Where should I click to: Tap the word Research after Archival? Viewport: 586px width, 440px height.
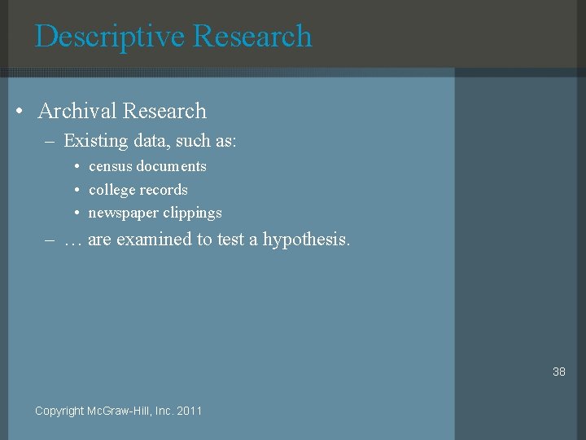(x=164, y=111)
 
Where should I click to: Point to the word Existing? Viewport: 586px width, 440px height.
(x=95, y=141)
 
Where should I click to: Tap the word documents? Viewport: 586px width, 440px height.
(x=172, y=166)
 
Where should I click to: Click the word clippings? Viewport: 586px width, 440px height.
(x=192, y=213)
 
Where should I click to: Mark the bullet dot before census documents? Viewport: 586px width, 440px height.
(x=77, y=167)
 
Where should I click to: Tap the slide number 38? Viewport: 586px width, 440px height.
(x=558, y=372)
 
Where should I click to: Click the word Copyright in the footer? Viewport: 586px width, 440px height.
(x=59, y=411)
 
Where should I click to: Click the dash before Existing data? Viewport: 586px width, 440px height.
(x=50, y=142)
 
